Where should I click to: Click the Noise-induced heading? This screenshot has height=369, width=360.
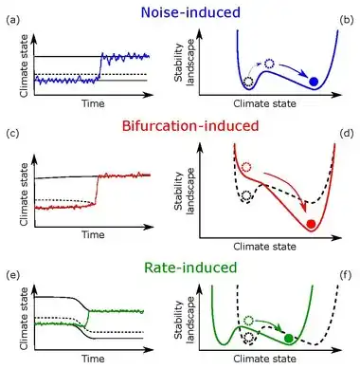[x=190, y=12]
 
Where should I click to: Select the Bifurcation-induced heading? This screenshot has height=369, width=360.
[x=190, y=126]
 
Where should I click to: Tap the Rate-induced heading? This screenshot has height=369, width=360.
[x=190, y=268]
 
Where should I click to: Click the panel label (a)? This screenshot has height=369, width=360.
[x=12, y=21]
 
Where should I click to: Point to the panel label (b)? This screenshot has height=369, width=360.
[x=346, y=21]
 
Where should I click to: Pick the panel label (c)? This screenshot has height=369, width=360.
[x=12, y=134]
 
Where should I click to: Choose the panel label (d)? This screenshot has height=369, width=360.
[x=346, y=134]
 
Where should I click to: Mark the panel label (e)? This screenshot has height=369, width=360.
[x=12, y=275]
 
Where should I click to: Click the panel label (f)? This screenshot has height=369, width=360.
[x=346, y=275]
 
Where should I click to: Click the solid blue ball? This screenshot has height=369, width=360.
[x=314, y=82]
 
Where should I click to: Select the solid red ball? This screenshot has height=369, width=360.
[x=311, y=224]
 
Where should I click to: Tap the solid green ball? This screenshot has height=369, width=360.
[x=288, y=338]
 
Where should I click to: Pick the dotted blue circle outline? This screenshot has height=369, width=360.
[x=269, y=65]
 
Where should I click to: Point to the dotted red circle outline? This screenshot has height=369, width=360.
[x=246, y=167]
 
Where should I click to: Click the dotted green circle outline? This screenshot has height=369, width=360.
[x=249, y=321]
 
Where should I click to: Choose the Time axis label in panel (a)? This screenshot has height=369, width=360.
[x=93, y=103]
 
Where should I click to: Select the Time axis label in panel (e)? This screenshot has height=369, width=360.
[x=93, y=359]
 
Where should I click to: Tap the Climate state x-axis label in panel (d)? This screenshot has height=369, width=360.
[x=264, y=247]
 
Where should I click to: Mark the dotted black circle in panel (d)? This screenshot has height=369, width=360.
[x=246, y=195]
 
